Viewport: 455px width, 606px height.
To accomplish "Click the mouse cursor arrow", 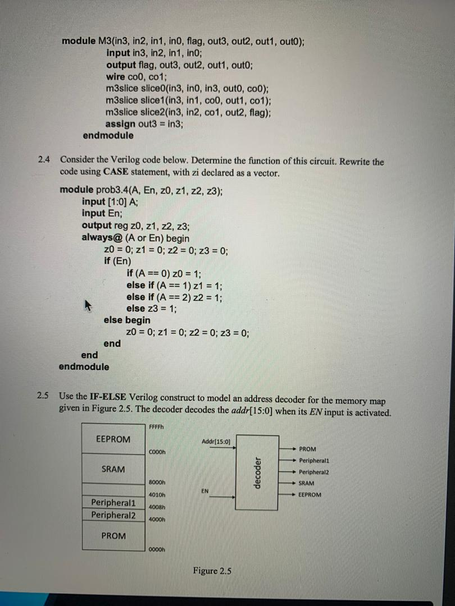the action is pyautogui.click(x=87, y=305).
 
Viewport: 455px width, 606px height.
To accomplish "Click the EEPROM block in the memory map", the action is pyautogui.click(x=113, y=439).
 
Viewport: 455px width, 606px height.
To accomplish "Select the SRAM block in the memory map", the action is pyautogui.click(x=113, y=469).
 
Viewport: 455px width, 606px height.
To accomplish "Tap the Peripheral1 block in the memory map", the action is pyautogui.click(x=113, y=503).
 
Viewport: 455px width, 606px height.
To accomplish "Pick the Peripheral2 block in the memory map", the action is pyautogui.click(x=113, y=515).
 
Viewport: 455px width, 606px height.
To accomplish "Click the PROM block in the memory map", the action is pyautogui.click(x=113, y=536).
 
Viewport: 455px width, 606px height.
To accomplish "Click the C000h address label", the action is pyautogui.click(x=157, y=452).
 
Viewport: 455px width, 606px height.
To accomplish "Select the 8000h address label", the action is pyautogui.click(x=157, y=482).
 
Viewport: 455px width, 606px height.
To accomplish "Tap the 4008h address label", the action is pyautogui.click(x=157, y=507).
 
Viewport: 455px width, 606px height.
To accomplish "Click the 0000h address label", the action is pyautogui.click(x=157, y=549).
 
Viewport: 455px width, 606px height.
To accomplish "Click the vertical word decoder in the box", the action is pyautogui.click(x=258, y=472).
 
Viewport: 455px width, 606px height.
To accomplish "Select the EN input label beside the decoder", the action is pyautogui.click(x=205, y=491).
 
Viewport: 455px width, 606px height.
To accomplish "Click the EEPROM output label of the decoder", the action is pyautogui.click(x=310, y=495).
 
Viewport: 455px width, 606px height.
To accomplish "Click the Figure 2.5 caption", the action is pyautogui.click(x=212, y=571).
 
